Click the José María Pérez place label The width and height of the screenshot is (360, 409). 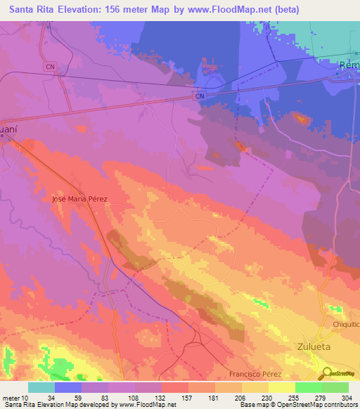tap(79, 199)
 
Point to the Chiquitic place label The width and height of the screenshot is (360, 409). tap(345, 325)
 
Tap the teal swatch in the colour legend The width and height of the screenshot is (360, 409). tap(41, 387)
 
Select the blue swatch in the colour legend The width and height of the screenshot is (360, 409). tap(68, 387)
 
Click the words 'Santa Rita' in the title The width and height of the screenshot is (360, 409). tap(30, 10)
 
